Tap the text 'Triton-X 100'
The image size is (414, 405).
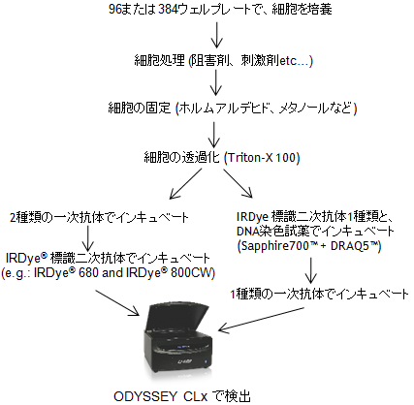262,158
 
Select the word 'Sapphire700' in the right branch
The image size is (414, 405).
274,246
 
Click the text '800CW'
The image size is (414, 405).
191,273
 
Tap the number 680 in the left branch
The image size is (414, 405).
87,273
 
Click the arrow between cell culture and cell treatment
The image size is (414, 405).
217,34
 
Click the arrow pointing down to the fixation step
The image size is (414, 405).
215,82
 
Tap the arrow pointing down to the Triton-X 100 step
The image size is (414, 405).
213,134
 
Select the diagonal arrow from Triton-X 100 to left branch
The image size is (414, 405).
185,183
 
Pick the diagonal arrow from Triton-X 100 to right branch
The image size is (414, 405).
238,183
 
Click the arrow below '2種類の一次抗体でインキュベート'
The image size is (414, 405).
88,237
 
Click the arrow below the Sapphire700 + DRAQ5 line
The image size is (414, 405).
310,270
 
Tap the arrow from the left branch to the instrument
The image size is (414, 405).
116,302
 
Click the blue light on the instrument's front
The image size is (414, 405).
205,360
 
